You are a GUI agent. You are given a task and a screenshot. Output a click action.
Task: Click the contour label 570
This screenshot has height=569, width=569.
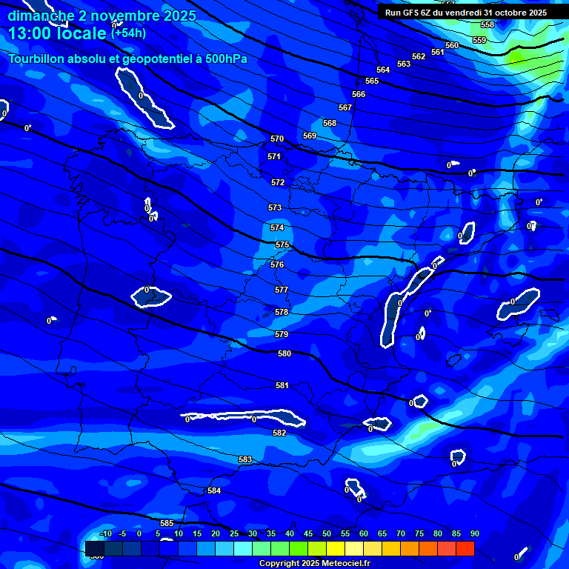[277, 139]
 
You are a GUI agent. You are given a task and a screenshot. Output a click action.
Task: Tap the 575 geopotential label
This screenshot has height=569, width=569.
[282, 244]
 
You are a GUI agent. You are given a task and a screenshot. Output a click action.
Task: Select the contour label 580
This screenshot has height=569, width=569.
[284, 353]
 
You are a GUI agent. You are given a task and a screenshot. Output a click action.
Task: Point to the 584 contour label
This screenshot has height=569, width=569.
[214, 490]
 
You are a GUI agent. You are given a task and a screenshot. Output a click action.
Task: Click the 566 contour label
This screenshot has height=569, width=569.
[359, 94]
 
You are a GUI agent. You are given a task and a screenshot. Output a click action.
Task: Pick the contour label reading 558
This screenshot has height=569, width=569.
[488, 24]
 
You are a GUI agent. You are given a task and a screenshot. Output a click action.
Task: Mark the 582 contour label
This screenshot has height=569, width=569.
[279, 433]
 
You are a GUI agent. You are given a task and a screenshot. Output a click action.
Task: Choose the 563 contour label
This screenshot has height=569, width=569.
[403, 64]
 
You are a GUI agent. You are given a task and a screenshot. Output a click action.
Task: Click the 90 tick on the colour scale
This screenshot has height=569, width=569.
[474, 533]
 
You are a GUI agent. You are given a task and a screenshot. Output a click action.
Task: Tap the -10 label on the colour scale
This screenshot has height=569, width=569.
[106, 533]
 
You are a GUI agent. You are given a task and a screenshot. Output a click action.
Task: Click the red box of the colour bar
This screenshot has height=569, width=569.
[465, 548]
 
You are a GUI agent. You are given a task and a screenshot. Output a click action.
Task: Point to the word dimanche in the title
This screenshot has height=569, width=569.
[41, 16]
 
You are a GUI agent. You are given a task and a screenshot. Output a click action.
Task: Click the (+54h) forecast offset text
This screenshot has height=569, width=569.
[128, 33]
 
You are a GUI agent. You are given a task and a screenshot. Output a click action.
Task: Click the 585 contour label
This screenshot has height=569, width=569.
[167, 524]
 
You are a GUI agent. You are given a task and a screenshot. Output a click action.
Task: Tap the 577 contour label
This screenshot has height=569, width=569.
[281, 290]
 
